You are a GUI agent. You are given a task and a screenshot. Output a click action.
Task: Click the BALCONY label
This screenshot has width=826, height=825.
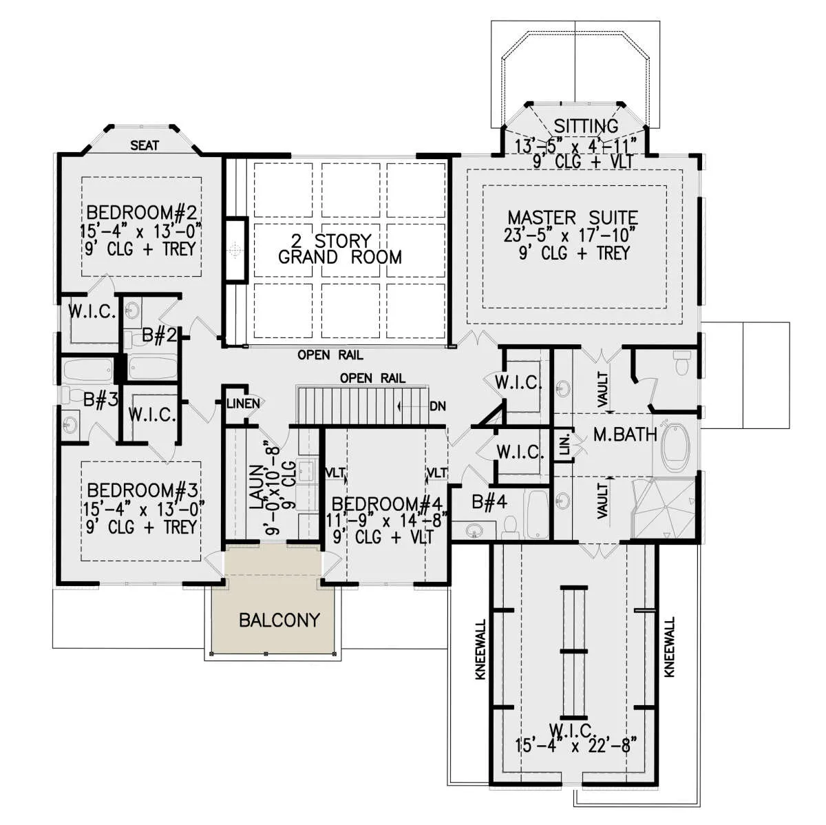tap(279, 620)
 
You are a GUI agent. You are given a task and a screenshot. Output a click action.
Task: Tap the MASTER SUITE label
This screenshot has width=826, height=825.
tap(573, 218)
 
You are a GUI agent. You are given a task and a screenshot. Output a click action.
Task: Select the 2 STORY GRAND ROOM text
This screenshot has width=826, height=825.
tap(340, 249)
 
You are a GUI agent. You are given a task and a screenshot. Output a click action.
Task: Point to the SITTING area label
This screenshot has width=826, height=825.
tap(586, 126)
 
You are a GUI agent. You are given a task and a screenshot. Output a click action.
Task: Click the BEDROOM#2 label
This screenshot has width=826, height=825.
tap(142, 212)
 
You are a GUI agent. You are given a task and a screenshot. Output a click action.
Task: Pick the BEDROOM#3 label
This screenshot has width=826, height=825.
tap(142, 490)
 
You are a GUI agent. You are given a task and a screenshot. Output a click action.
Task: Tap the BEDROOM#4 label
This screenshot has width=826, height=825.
tap(387, 504)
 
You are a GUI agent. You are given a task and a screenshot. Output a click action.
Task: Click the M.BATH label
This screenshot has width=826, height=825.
tap(625, 435)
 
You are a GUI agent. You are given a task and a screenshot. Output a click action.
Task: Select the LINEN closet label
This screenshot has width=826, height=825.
tap(243, 404)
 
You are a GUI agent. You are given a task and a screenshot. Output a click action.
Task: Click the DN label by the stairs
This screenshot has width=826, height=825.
tap(437, 406)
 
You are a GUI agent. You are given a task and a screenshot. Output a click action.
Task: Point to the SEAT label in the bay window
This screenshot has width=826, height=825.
tap(145, 145)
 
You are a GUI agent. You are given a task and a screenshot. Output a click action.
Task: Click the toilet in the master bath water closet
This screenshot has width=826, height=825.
tap(681, 363)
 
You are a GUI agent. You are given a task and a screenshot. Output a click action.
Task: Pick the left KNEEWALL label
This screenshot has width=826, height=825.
tap(481, 649)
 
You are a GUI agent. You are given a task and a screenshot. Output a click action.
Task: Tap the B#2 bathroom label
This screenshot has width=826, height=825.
tap(159, 335)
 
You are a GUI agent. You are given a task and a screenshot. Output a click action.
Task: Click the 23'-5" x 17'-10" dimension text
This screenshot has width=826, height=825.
tap(569, 235)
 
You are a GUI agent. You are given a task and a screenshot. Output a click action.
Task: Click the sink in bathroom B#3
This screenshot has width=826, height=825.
tap(69, 425)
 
